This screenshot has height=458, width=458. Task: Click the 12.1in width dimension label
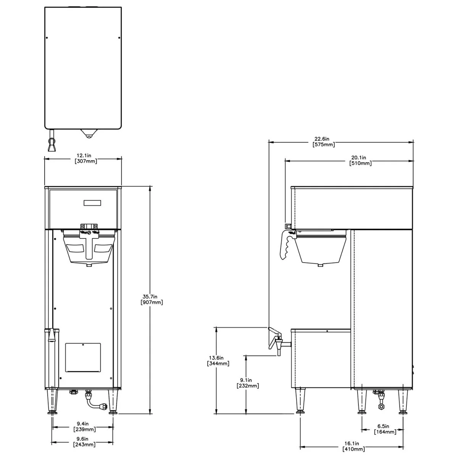86,158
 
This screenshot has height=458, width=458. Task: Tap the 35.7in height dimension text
152,300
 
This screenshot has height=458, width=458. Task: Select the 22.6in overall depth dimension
324,142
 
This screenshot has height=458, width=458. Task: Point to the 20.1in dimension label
360,160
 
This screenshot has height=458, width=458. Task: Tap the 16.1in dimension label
354,446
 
